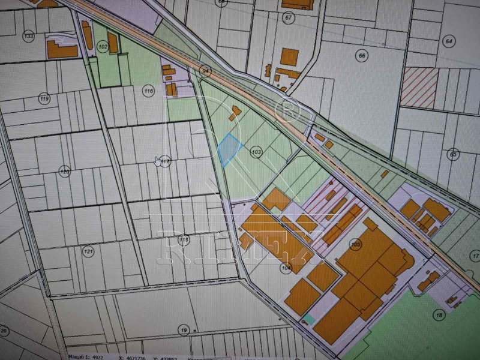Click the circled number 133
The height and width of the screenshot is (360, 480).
click(x=28, y=37)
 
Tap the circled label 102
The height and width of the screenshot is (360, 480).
click(x=103, y=46)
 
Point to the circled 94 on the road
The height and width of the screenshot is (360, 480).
click(x=206, y=71)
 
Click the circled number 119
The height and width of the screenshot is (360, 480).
click(x=43, y=98)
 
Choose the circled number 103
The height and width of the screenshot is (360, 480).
click(x=256, y=152)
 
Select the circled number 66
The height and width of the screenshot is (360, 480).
click(x=362, y=56)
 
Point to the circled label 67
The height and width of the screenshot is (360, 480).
click(x=289, y=17)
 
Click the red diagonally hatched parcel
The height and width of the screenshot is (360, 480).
click(x=419, y=88)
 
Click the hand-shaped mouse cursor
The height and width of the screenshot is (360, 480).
click(x=159, y=161)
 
